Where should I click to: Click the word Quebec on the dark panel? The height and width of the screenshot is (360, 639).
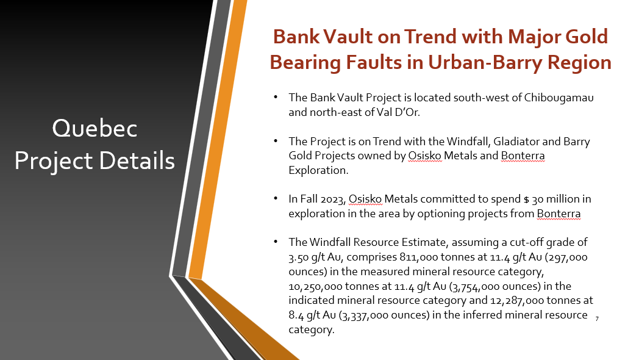95,128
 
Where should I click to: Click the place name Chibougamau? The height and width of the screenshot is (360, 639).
559,98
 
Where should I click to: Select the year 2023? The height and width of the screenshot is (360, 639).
333,200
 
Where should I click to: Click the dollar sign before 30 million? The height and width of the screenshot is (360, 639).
527,200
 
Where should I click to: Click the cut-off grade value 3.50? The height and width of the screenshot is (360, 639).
298,257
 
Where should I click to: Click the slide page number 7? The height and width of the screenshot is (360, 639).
597,319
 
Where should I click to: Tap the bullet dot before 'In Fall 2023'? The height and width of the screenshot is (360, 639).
276,198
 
